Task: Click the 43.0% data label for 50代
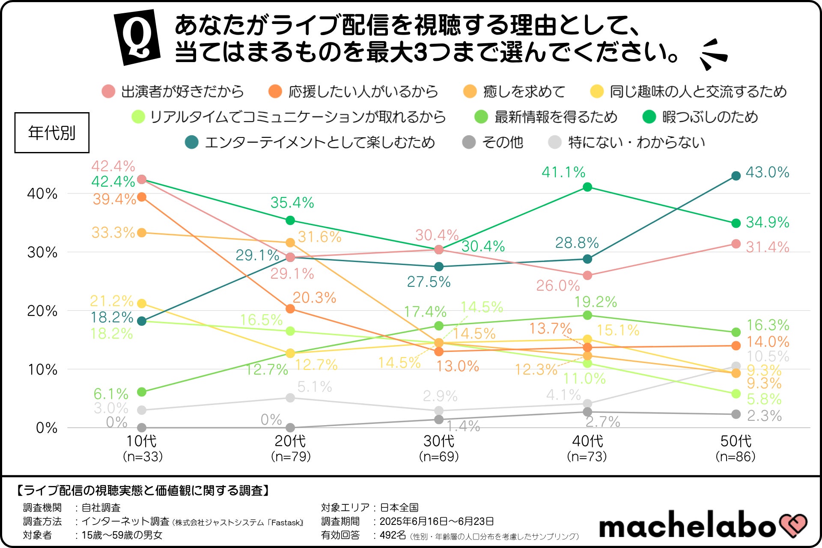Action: click(x=767, y=173)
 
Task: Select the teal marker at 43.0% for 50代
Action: click(x=736, y=176)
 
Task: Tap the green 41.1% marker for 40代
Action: click(x=587, y=187)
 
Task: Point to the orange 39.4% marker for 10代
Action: click(x=142, y=197)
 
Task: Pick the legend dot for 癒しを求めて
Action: click(x=470, y=92)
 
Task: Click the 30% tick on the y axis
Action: click(x=42, y=252)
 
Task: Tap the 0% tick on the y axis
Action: click(x=47, y=428)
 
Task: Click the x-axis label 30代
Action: click(x=439, y=441)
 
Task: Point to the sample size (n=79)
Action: click(x=291, y=456)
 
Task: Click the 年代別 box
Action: click(x=52, y=133)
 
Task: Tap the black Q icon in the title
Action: click(x=137, y=37)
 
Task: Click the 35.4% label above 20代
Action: click(x=292, y=203)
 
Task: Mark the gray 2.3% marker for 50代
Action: click(x=736, y=414)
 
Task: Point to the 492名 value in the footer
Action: click(x=393, y=535)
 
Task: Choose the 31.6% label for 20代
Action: click(x=319, y=237)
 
